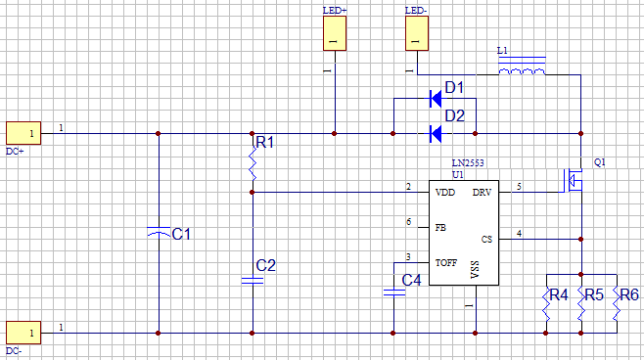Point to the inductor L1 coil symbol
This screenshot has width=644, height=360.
[521, 70]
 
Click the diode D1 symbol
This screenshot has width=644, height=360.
[435, 98]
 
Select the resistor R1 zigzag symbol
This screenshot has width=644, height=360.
[253, 165]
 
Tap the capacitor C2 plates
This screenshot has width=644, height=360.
[253, 281]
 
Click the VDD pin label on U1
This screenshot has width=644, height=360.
[445, 192]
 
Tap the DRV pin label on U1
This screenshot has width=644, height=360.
[482, 192]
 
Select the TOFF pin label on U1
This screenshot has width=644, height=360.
[446, 264]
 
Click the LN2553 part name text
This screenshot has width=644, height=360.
[468, 162]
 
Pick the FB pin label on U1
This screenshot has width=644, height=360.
[440, 227]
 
